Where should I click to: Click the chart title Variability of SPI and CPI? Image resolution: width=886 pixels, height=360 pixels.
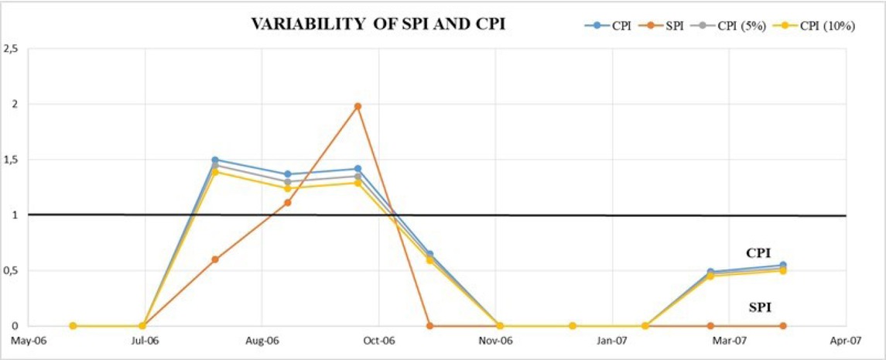378,24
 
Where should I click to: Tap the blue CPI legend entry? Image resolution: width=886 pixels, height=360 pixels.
612,26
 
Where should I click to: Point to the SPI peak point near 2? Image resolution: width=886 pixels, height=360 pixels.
357,106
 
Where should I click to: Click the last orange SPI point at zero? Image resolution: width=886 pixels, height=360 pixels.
783,326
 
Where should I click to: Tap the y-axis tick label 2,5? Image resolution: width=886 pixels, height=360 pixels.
11,49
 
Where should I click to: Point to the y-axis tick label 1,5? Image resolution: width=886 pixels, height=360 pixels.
11,160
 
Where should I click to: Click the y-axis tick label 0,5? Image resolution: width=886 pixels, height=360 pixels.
11,271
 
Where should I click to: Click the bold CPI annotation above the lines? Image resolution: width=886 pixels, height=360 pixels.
758,253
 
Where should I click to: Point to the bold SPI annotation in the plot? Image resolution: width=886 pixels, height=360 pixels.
760,307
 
